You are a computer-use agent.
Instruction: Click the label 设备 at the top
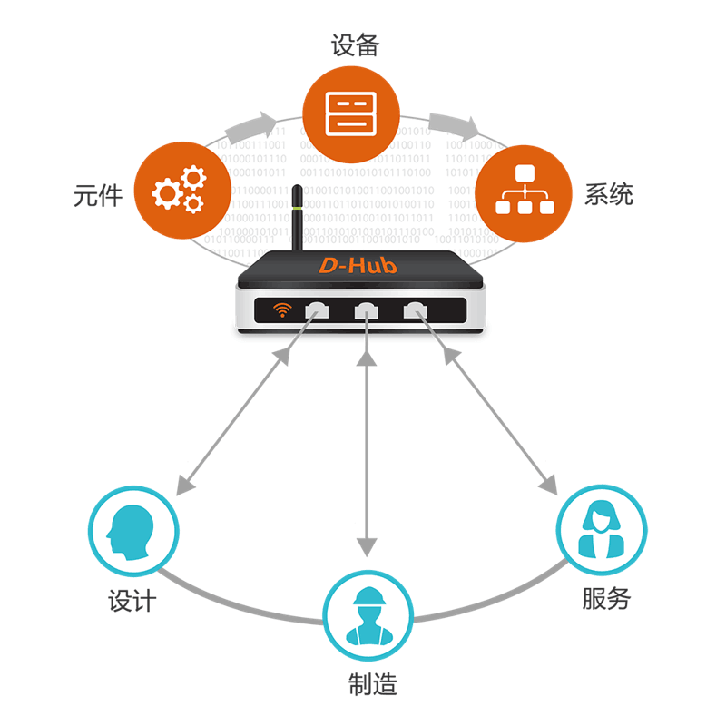354,45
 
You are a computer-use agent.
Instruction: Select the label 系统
608,194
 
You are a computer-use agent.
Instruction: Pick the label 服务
605,599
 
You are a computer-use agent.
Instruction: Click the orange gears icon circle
178,188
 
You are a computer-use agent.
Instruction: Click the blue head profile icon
132,531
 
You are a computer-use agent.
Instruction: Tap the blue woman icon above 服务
601,530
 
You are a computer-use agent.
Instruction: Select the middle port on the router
367,310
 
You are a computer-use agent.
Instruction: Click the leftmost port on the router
318,310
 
